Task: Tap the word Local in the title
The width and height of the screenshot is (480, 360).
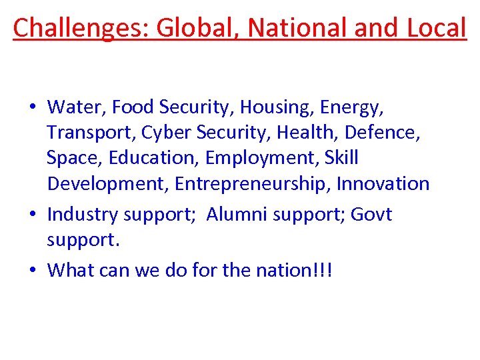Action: (434, 28)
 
